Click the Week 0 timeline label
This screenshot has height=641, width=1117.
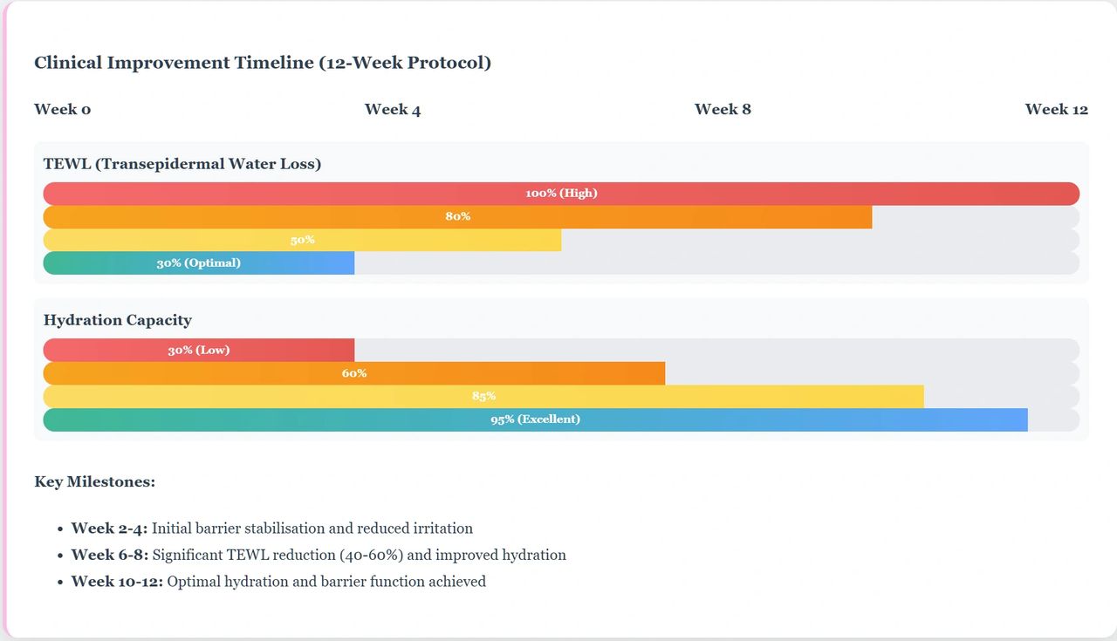62,109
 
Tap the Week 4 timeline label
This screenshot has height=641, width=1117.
393,109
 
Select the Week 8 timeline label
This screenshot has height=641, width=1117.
723,109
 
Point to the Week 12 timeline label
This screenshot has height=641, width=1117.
1057,109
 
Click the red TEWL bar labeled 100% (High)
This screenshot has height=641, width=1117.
561,194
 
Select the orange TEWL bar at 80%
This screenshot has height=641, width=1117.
457,217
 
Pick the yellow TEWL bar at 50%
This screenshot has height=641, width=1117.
302,240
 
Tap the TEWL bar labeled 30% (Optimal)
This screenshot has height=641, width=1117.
199,263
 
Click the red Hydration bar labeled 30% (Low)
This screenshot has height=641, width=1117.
199,351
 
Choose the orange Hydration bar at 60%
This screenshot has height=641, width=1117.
353,373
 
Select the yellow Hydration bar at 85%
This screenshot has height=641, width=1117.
483,397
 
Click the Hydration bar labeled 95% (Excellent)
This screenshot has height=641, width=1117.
535,419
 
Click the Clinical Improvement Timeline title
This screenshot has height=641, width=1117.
263,63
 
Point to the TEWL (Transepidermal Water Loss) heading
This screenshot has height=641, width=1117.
182,164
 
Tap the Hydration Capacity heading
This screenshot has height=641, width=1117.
117,320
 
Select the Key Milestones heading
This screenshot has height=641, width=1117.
94,481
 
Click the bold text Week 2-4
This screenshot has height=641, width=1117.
109,528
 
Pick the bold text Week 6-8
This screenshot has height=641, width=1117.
109,555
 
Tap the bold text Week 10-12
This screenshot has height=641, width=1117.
117,581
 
